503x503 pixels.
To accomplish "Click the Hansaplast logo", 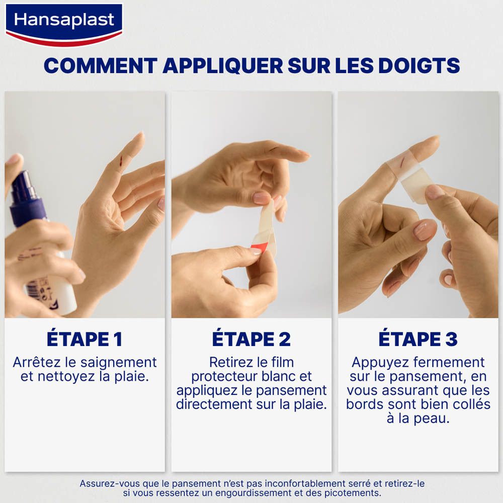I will coord(64,21).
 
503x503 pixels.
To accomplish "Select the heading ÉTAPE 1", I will coord(85,339).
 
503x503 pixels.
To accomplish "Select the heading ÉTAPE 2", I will coord(251,339).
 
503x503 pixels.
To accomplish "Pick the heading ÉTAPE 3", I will coord(417,339).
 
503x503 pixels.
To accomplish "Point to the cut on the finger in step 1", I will coord(121,160).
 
